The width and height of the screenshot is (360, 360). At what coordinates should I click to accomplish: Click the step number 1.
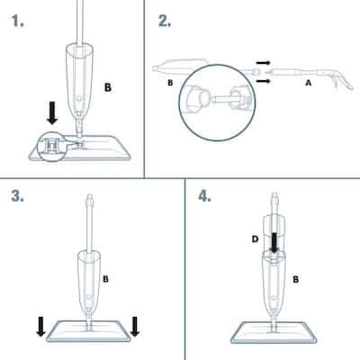tap(17, 21)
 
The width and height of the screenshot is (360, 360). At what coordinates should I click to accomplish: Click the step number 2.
tap(165, 21)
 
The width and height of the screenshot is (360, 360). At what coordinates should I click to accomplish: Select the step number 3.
tap(17, 196)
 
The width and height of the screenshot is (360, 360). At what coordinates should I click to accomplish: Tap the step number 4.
tap(204, 196)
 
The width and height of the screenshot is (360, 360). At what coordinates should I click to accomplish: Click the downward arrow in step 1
tap(52, 112)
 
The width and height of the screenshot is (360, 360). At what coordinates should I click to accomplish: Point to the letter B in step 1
tap(108, 87)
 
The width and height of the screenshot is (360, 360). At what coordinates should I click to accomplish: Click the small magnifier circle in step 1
tap(51, 147)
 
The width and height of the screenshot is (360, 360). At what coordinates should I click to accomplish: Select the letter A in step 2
tap(308, 83)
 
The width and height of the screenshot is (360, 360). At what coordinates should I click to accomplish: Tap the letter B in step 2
tap(170, 83)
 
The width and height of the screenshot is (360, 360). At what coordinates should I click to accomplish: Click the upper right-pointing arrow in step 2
tap(264, 63)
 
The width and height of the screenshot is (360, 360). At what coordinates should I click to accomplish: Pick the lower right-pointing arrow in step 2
tap(264, 81)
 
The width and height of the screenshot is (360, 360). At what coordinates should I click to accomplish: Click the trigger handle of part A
tap(342, 81)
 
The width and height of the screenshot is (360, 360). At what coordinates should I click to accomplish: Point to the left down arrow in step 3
tap(40, 326)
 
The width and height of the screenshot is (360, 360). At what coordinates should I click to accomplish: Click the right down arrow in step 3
tap(135, 326)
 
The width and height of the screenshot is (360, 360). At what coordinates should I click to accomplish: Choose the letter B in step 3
tap(105, 279)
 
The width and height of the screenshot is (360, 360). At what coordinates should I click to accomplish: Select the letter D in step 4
tap(255, 239)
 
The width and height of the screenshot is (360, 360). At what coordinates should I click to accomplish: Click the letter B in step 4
tap(296, 279)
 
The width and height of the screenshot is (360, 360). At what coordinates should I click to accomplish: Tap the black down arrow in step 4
tap(274, 242)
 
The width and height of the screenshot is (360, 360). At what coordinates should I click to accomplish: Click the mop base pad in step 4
tap(274, 333)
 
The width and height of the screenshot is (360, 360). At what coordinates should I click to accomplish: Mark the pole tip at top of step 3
tap(89, 198)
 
